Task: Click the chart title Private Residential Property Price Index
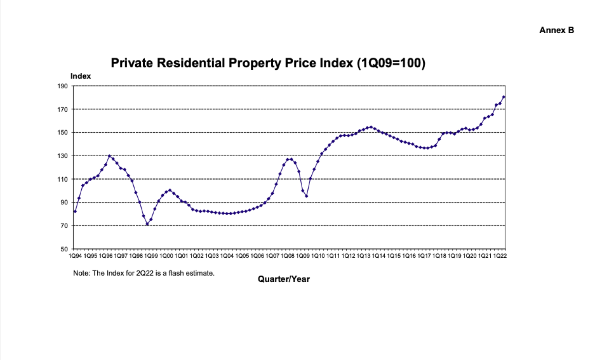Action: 268,63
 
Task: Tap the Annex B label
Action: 557,30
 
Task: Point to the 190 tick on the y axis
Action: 63,86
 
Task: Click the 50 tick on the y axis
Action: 64,249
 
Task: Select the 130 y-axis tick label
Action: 63,156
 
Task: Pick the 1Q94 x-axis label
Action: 75,256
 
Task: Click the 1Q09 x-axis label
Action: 303,256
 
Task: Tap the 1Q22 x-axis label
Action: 500,256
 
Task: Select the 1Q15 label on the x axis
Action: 393,256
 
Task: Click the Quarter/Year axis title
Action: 284,279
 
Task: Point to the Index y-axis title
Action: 81,76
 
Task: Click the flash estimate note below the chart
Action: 144,273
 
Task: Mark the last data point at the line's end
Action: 504,97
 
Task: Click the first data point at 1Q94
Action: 75,211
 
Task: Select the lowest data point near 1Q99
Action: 147,224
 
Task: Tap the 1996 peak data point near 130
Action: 109,156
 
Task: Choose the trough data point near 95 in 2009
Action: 307,196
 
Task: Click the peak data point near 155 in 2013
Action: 371,127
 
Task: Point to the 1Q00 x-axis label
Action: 166,256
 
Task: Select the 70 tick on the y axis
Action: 64,226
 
